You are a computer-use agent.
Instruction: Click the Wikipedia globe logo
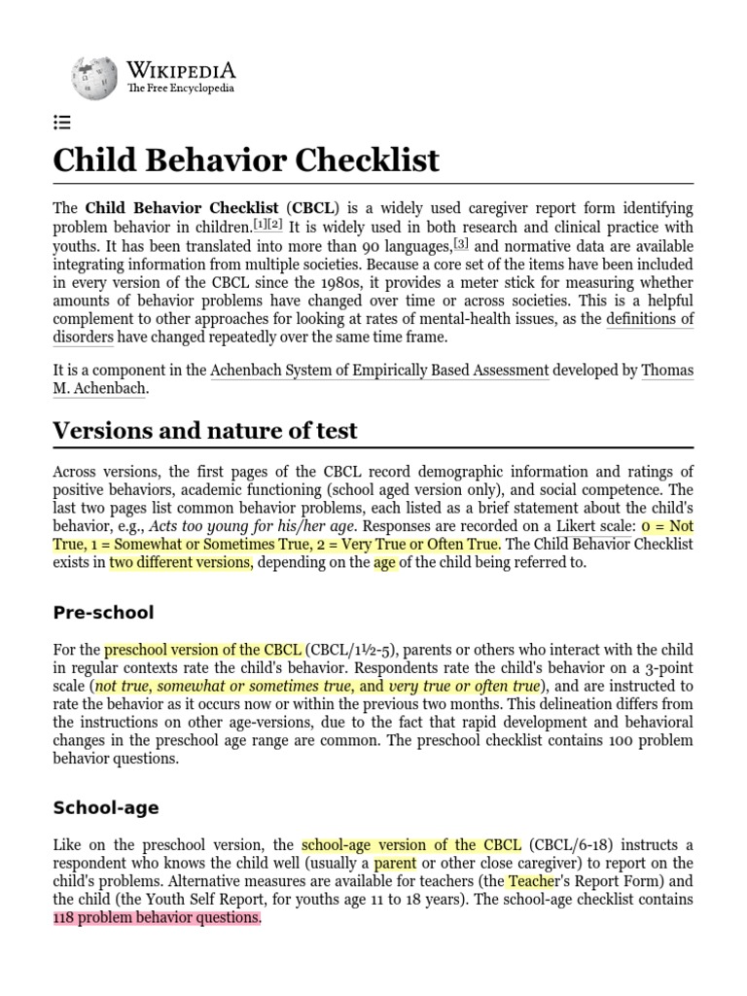93,78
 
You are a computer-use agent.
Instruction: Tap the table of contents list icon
61,123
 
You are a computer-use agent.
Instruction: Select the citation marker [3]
460,243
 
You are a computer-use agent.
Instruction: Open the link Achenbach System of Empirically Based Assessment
379,370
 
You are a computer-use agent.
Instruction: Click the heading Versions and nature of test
205,430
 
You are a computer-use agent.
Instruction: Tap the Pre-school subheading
103,613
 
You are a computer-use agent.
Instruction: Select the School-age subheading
106,808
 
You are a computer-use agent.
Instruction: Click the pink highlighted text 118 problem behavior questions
157,917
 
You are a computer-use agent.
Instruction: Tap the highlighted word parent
395,863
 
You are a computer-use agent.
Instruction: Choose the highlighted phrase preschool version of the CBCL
203,650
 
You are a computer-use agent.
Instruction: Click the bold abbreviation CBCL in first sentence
311,208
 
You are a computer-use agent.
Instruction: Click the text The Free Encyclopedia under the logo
180,89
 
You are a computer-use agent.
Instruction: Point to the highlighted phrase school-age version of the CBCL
411,844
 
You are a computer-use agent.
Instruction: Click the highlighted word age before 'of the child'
385,562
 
